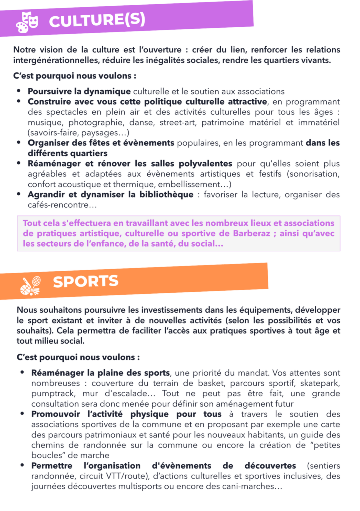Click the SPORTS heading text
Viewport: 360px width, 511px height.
pos(86,281)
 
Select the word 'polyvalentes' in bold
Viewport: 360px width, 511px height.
pos(202,163)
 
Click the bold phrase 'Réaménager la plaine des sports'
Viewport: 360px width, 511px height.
pos(101,373)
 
